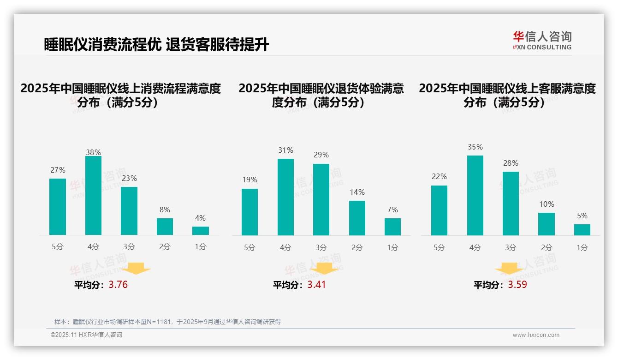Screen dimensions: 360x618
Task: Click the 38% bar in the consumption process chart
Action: [93, 196]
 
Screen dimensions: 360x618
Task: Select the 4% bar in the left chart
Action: [201, 231]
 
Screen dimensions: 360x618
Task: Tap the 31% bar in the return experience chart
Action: [285, 197]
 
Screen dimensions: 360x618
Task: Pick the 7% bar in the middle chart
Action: [392, 227]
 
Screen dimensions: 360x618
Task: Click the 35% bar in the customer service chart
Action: [475, 195]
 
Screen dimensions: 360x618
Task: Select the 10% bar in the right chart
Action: [547, 224]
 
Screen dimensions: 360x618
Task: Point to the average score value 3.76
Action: [118, 285]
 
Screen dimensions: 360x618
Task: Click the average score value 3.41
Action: [316, 285]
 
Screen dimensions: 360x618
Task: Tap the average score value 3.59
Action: [517, 285]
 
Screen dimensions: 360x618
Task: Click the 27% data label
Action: [58, 170]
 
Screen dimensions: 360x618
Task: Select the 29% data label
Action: [321, 155]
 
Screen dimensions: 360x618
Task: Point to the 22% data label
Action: [439, 177]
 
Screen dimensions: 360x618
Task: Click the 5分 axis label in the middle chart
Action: [250, 247]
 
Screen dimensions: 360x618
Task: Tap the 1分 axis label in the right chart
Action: [582, 247]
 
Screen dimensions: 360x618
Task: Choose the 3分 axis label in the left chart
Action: [129, 247]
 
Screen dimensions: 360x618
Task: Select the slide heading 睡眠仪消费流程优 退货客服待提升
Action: [156, 45]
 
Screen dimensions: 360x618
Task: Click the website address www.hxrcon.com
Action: [536, 335]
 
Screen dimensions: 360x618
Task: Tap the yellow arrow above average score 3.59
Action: [509, 270]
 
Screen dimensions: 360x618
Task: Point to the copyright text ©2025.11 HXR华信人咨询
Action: [86, 335]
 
